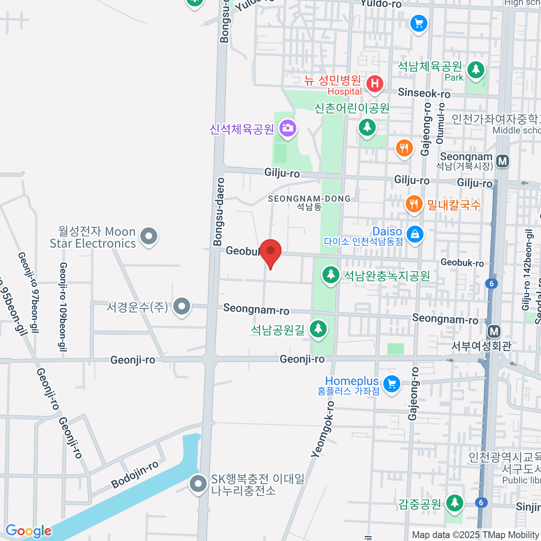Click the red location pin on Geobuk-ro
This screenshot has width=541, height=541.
click(270, 252)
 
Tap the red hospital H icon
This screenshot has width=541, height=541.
click(375, 83)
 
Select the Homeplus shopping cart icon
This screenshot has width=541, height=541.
click(391, 385)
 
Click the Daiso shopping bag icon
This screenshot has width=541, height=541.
click(414, 234)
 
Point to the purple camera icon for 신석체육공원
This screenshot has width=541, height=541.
click(287, 128)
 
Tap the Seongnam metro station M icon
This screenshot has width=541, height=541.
click(502, 161)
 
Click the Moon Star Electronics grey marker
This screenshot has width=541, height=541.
click(148, 236)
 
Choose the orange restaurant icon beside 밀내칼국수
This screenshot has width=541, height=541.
click(413, 204)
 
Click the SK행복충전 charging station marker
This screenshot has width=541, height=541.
click(197, 484)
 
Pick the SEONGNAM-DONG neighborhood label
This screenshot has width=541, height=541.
click(309, 199)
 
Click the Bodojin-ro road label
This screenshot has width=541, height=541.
click(135, 474)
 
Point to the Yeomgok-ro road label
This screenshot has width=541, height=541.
click(323, 430)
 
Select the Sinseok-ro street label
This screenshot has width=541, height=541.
click(424, 93)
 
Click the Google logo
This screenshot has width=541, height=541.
click(28, 531)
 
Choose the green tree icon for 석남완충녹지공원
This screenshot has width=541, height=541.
click(331, 275)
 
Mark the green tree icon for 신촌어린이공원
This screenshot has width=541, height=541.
click(367, 127)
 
